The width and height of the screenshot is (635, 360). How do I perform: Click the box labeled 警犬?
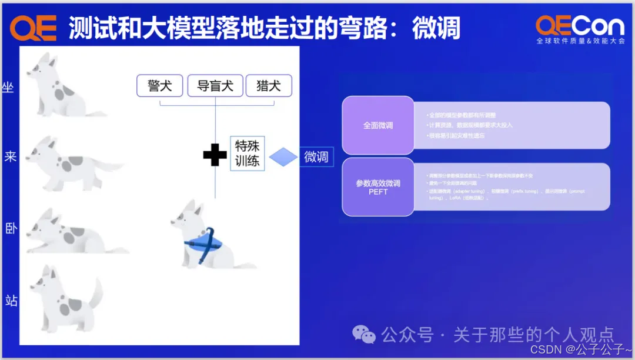pos(160,86)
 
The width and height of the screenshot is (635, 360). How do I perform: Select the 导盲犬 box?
pos(215,86)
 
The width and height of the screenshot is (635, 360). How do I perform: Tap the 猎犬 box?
pos(269,86)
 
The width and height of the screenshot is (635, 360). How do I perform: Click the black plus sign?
pos(215,155)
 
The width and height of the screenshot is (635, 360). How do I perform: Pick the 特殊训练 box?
pos(248,153)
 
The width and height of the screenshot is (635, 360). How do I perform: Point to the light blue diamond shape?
pos(283,156)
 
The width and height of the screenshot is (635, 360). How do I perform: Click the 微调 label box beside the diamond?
pos(316,157)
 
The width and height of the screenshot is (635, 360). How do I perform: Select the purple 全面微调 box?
pos(378,125)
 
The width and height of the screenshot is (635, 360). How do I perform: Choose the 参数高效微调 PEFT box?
pos(378,187)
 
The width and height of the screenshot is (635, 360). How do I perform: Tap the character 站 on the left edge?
pos(11,301)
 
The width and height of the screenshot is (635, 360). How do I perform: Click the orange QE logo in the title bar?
pos(34,27)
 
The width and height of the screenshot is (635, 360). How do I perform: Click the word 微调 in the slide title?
pos(436,28)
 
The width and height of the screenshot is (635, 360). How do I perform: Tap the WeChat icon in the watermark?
pos(363,334)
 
